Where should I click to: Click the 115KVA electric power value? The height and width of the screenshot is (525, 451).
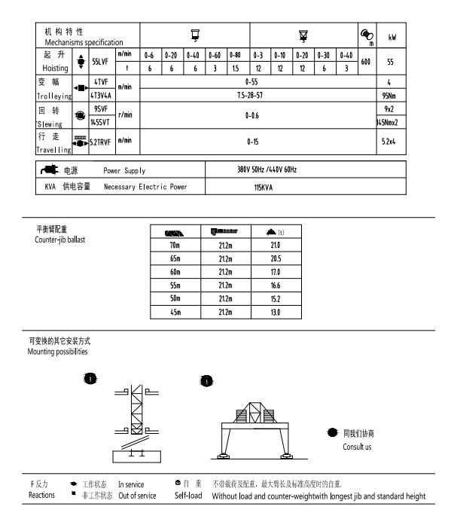click(264, 186)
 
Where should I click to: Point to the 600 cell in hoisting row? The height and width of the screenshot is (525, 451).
click(367, 62)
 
